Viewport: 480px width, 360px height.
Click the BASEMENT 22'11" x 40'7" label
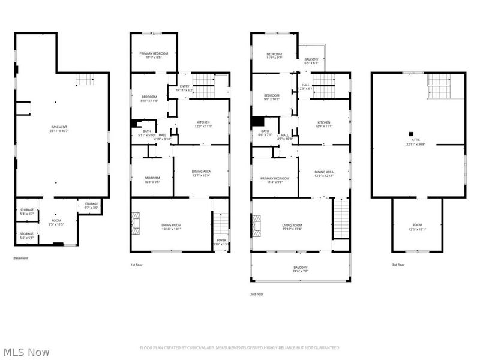[59, 128]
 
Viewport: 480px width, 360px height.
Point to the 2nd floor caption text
[257, 294]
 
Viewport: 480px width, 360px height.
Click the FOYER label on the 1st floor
[221, 242]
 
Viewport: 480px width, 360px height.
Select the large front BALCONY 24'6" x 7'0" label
[300, 269]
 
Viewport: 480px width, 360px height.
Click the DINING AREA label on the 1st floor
[200, 174]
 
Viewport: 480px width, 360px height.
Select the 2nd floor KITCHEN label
[324, 124]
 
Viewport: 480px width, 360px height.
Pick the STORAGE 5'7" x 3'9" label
[91, 205]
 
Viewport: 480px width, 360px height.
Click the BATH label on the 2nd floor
[265, 133]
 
